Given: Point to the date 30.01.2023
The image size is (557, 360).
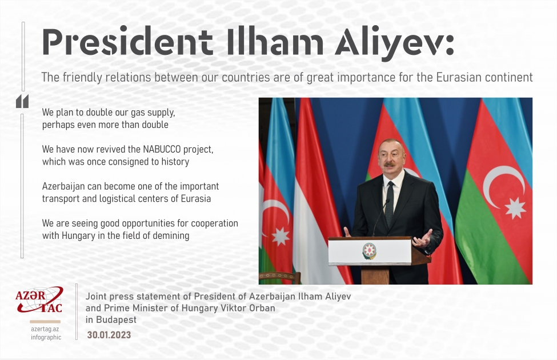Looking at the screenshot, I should click(109, 335).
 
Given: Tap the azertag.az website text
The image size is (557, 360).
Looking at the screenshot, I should click(46, 329).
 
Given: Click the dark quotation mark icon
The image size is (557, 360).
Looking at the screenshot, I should click(22, 102).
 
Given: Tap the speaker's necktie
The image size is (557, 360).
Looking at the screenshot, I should click(390, 203).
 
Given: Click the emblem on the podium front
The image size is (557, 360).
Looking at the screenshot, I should click(370, 251).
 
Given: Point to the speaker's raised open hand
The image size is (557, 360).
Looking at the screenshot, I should click(423, 237).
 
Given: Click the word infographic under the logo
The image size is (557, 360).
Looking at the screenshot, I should click(46, 337).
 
